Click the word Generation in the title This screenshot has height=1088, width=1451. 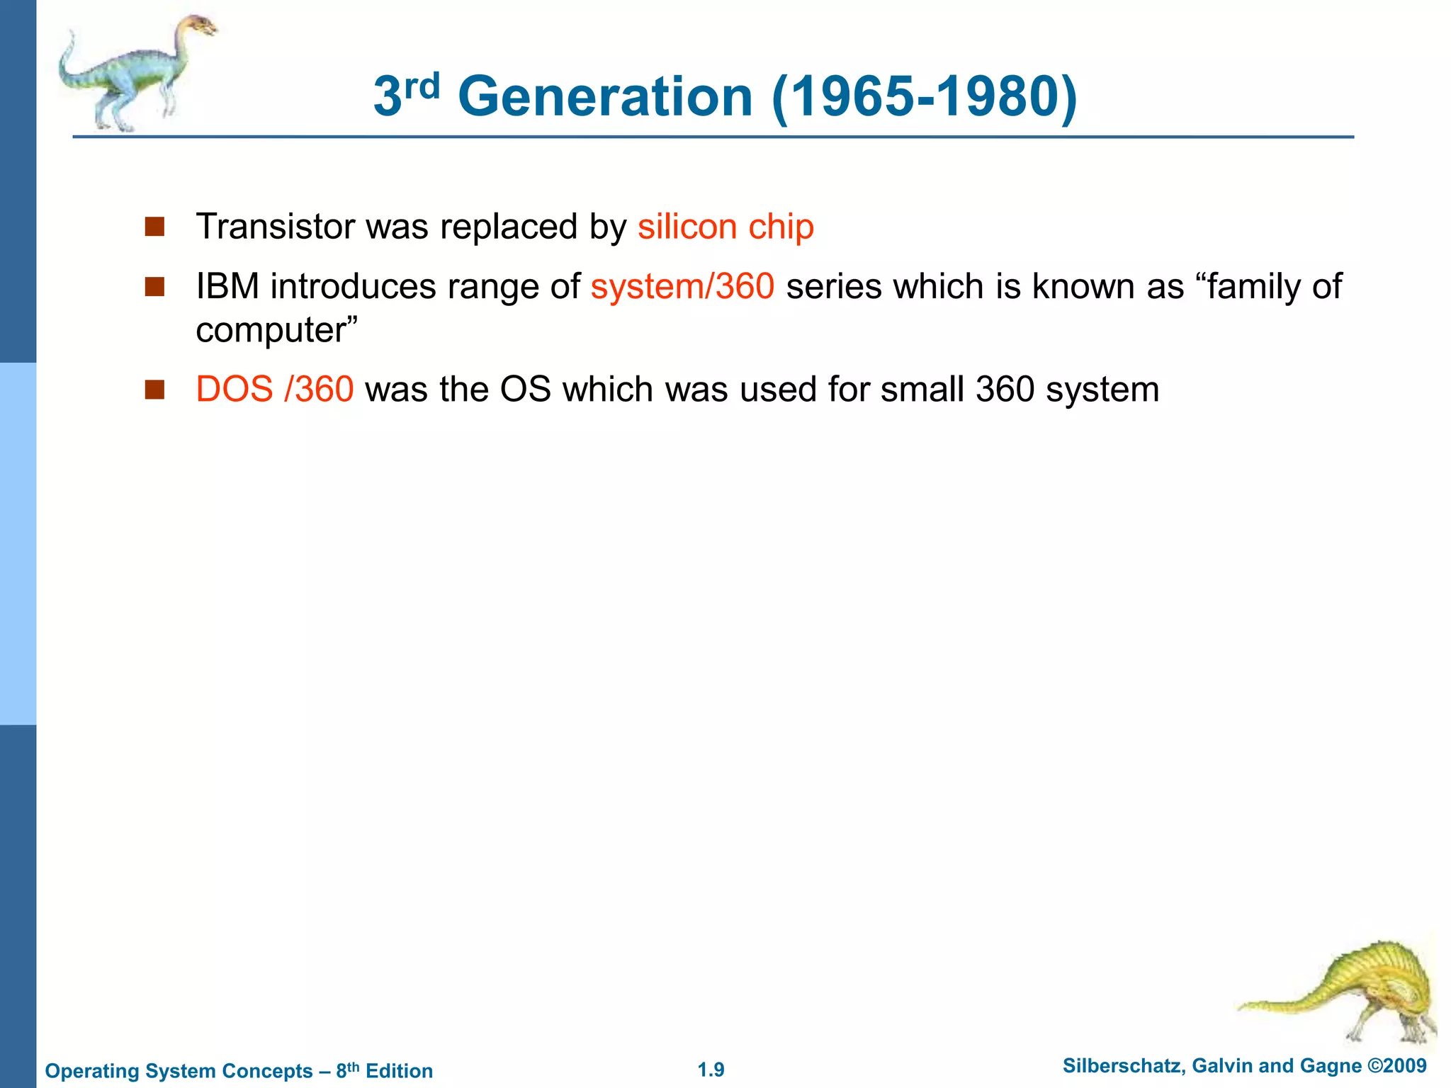pos(605,97)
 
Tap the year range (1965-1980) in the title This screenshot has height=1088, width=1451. pos(925,97)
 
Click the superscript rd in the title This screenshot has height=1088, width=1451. pos(422,86)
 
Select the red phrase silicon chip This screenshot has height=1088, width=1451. pos(725,227)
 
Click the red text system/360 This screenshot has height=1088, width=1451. pos(682,287)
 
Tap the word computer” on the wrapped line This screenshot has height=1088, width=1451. pos(277,330)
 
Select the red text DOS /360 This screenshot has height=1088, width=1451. pos(274,390)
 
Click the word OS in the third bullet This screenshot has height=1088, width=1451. pos(525,390)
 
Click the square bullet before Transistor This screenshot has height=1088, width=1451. pos(154,227)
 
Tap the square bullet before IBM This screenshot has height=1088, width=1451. pos(154,287)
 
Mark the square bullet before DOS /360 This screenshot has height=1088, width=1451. pos(154,390)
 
